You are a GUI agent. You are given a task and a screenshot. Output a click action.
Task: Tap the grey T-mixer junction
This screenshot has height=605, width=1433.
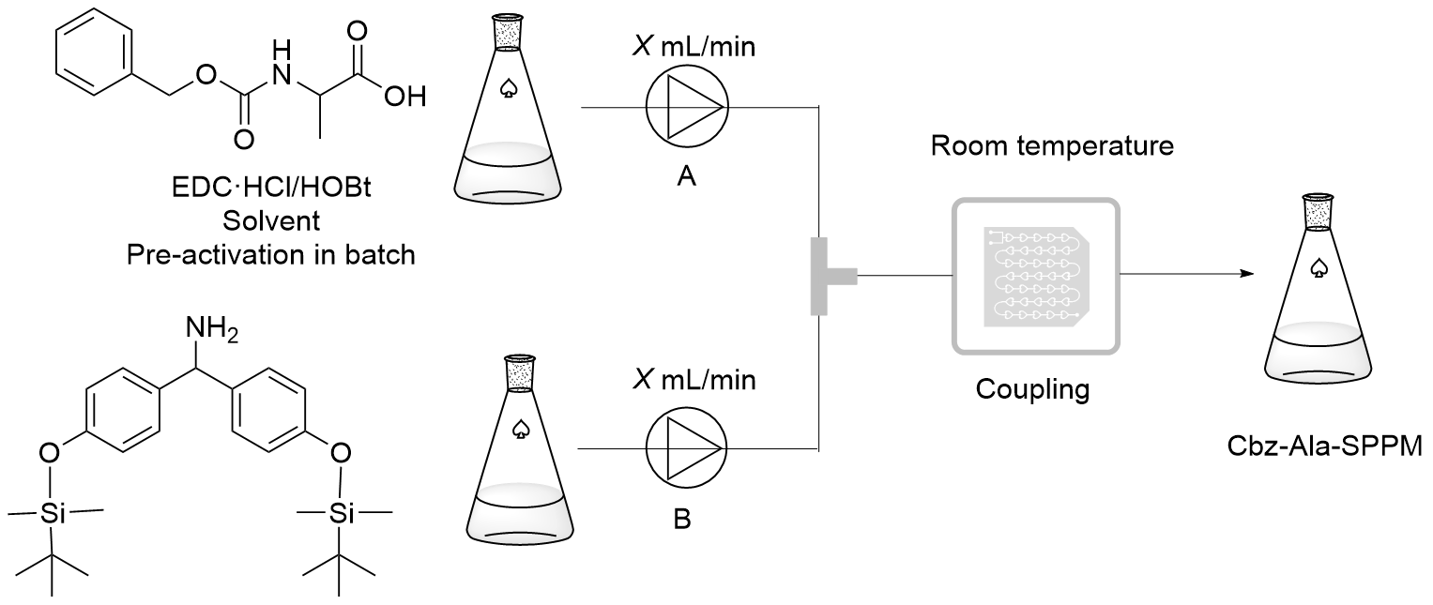(x=827, y=276)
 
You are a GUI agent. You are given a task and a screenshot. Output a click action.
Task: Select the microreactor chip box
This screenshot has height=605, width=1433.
(x=1035, y=276)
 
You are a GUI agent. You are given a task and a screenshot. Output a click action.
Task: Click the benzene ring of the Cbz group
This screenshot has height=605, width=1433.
(x=92, y=58)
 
